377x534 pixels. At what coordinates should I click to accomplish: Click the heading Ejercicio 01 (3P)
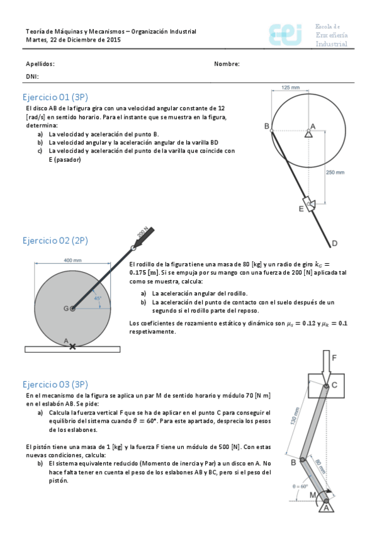[55, 97]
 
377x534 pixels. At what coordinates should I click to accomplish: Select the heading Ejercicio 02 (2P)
[55, 241]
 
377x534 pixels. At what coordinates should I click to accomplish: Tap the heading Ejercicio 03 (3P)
[55, 384]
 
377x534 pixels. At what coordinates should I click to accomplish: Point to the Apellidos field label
[40, 64]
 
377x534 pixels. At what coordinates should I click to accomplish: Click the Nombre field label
[227, 64]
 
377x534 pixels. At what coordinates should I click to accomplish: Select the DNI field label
[32, 76]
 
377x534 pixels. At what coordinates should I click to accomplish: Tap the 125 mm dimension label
[290, 88]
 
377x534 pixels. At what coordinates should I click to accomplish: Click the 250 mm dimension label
[335, 172]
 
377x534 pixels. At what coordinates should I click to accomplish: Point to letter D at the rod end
[334, 243]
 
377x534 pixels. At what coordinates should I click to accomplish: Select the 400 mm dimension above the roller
[72, 260]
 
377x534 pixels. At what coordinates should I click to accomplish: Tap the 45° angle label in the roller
[98, 298]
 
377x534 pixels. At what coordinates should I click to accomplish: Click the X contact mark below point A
[72, 346]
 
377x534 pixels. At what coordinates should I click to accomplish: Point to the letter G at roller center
[65, 309]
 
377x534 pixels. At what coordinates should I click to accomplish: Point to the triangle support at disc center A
[308, 133]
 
